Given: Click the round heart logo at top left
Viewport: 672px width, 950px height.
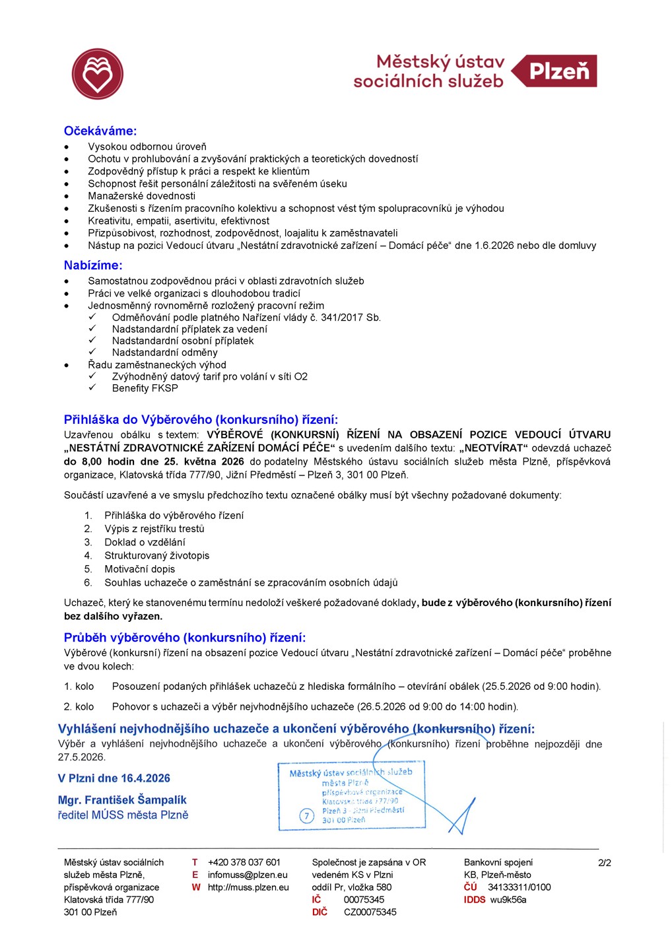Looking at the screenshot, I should (98, 74).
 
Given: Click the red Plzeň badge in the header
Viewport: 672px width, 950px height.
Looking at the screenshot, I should (555, 71).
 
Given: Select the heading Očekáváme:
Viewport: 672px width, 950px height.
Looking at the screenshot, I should (100, 131).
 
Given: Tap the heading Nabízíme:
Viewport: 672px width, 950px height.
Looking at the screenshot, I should (93, 265).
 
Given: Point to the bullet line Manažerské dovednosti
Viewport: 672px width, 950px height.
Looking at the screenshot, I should (141, 196).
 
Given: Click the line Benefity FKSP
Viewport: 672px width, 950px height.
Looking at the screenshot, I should (145, 388).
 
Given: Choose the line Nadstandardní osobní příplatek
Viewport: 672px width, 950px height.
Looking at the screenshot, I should (182, 341).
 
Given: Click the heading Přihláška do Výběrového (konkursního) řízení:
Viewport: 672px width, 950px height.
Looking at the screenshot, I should (201, 420).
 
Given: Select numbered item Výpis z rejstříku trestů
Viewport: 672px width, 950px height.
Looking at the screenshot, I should (154, 529).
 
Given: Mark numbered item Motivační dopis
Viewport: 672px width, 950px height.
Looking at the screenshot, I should (139, 569).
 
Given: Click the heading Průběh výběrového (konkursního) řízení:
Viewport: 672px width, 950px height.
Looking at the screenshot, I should (185, 638).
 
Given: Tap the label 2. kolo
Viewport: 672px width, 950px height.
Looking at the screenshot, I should (79, 706).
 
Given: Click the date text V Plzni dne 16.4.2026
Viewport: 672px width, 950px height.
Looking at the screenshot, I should (114, 778).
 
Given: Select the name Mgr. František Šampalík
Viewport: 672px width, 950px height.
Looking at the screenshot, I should (122, 800).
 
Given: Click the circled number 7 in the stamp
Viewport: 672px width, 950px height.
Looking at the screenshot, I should (306, 816).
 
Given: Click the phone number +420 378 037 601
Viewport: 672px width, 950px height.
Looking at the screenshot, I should (244, 862).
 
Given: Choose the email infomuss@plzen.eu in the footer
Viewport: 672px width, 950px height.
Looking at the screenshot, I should (248, 875).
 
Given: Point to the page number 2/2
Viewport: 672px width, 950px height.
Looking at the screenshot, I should (604, 863).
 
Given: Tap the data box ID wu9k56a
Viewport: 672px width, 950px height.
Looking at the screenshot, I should (508, 900).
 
